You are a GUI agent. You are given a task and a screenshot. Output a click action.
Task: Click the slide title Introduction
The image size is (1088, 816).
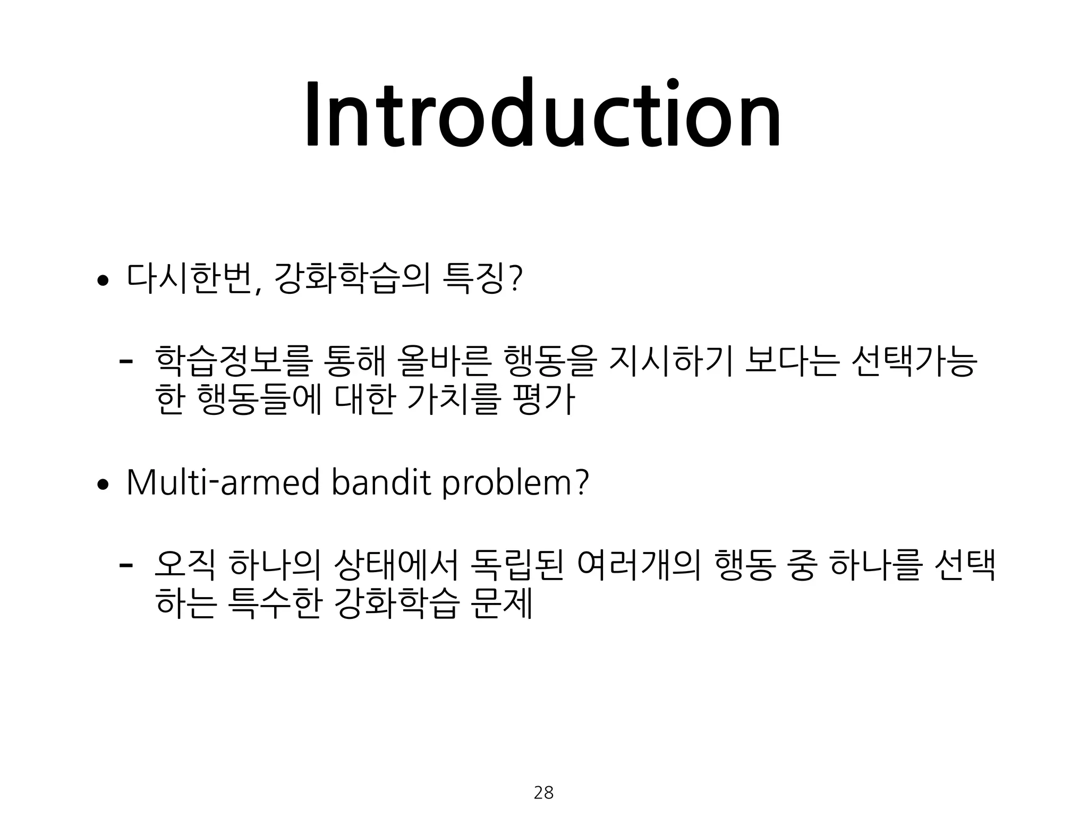tap(542, 114)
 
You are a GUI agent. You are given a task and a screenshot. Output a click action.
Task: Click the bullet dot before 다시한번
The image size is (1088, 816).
tap(102, 281)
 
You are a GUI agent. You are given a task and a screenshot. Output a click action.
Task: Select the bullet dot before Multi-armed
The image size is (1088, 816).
tap(102, 485)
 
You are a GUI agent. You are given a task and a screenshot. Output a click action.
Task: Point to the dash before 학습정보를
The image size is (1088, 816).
tap(126, 361)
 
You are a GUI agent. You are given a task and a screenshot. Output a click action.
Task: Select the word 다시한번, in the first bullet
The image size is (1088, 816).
tap(194, 279)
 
